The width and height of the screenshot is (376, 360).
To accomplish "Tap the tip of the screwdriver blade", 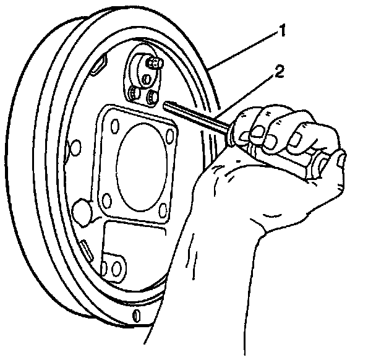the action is (x=166, y=104).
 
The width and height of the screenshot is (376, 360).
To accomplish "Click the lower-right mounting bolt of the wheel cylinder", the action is (x=152, y=96).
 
